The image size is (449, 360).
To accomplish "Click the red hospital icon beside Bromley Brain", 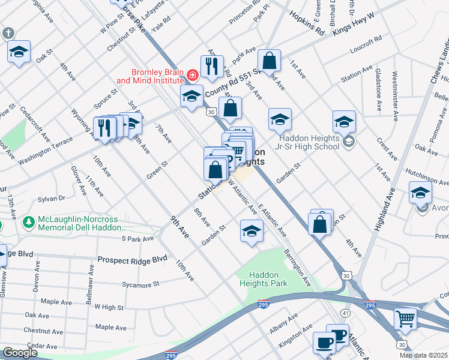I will (193, 75).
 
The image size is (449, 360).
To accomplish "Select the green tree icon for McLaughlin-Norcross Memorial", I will (28, 223).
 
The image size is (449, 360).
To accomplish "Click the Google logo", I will (20, 353).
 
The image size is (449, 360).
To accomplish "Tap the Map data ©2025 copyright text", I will (423, 355).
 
